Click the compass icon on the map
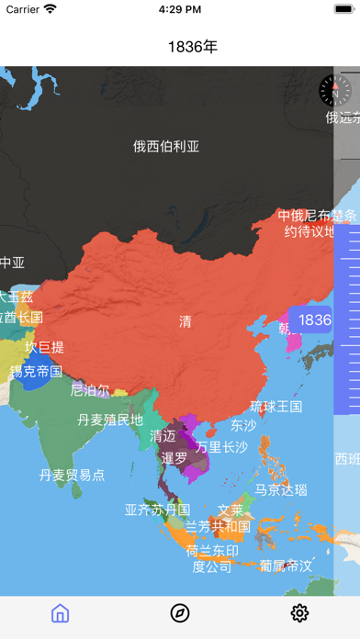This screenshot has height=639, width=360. (x=334, y=89)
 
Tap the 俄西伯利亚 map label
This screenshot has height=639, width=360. (x=166, y=145)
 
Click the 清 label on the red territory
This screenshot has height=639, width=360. (x=186, y=321)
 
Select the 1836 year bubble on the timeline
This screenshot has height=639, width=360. (x=314, y=319)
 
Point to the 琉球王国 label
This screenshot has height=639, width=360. (x=276, y=406)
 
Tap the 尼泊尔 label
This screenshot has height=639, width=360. (x=90, y=389)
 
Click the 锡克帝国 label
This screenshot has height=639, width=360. (x=36, y=371)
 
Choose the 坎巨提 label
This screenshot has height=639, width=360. (x=44, y=347)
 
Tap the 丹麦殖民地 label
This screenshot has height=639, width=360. (x=111, y=420)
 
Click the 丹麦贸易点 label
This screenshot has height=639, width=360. (x=73, y=475)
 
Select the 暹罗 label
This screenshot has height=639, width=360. (x=174, y=456)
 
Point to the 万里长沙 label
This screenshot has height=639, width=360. (x=222, y=446)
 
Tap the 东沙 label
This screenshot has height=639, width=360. (x=244, y=425)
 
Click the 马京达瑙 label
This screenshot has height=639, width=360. (x=281, y=489)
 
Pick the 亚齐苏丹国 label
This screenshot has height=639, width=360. (x=157, y=509)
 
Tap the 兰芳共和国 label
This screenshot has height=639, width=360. (x=218, y=526)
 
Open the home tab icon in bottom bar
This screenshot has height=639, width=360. (x=61, y=613)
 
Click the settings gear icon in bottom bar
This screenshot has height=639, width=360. (x=299, y=613)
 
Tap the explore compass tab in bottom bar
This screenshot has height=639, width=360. (x=180, y=613)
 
